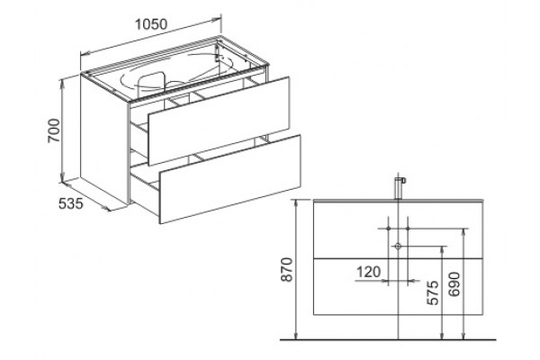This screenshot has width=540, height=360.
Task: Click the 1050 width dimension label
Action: point(151,24)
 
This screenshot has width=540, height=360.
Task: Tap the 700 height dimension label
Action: point(54,130)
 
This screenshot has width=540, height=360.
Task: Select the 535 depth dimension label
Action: point(70,203)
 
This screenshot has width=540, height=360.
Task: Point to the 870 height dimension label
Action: point(287,269)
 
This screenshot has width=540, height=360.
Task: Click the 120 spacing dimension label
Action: point(368,272)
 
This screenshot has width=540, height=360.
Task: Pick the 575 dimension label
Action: point(433,292)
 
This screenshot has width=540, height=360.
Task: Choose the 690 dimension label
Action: point(454,284)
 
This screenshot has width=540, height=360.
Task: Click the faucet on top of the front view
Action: point(399,188)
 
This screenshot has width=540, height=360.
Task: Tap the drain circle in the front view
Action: point(398,246)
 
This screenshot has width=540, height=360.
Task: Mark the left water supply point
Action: point(388,229)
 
